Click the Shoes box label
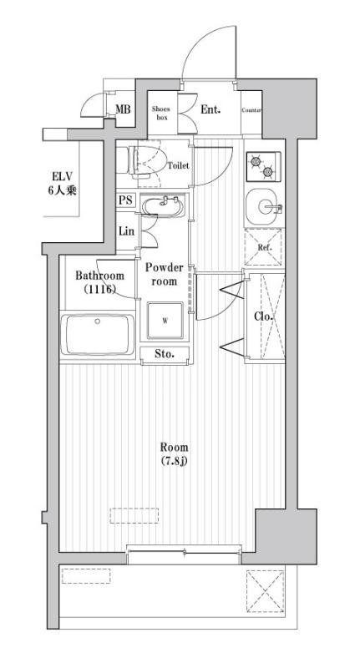tap(161, 113)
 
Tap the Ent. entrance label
tap(210, 109)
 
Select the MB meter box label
tap(123, 109)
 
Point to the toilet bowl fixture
tap(146, 162)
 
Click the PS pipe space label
tap(125, 200)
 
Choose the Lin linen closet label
tap(126, 231)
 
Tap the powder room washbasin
tap(162, 205)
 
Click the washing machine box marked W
tap(165, 321)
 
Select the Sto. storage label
tap(165, 353)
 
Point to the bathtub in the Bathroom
tap(97, 335)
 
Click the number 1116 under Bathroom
tap(99, 289)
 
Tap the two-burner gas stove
tap(263, 166)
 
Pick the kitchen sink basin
tap(266, 207)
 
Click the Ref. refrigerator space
tap(264, 247)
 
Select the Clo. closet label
tap(263, 317)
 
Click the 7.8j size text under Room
tap(175, 461)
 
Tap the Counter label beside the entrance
tap(251, 110)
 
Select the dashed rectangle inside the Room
tap(134, 515)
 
